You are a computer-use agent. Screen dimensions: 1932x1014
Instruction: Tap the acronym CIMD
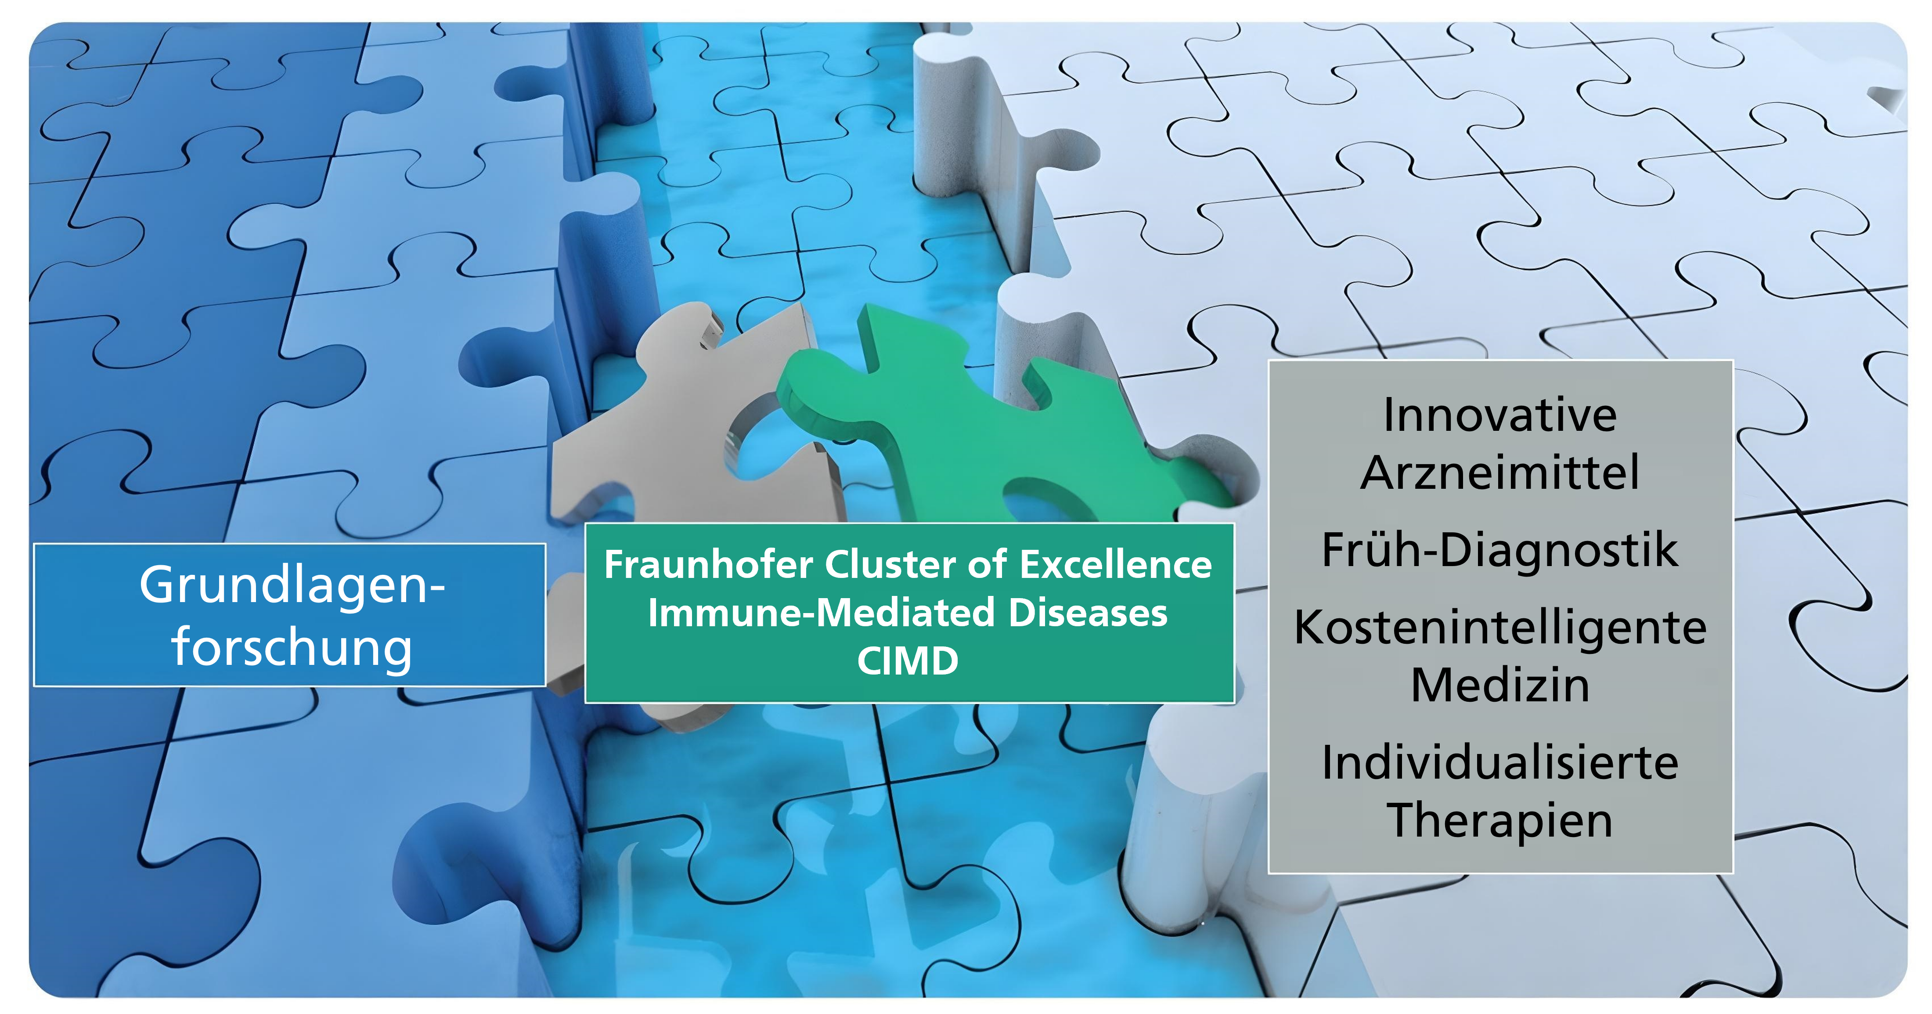908,661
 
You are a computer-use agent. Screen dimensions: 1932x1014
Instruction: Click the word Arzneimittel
1500,473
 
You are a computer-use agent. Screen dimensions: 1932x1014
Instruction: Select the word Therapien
1500,820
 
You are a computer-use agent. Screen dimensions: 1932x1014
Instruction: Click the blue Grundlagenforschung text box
289,615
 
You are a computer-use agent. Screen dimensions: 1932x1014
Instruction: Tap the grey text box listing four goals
1500,617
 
